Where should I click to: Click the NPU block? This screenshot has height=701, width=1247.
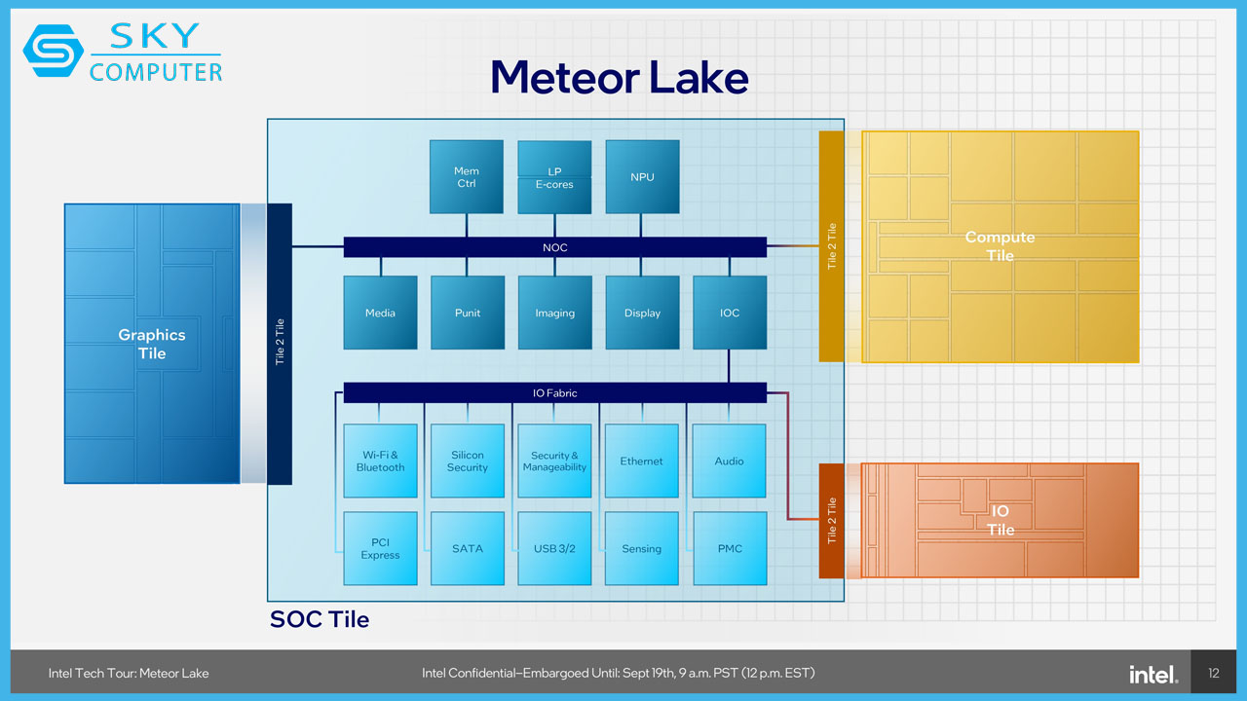click(x=642, y=177)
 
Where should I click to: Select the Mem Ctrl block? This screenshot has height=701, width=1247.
click(x=467, y=177)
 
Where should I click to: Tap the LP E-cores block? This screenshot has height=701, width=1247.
click(x=554, y=177)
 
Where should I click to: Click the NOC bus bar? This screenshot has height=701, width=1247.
click(x=555, y=247)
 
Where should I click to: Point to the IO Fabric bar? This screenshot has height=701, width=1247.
click(x=555, y=392)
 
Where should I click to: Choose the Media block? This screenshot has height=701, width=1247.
click(x=380, y=313)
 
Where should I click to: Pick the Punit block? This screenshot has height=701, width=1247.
click(x=468, y=313)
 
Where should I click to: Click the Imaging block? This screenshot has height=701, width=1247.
click(x=555, y=313)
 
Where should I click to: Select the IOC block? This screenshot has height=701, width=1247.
click(x=730, y=313)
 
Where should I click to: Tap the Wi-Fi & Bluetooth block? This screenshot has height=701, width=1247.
click(x=380, y=461)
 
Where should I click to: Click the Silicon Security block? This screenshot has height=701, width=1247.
click(x=468, y=461)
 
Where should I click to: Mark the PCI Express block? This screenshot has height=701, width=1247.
click(x=380, y=548)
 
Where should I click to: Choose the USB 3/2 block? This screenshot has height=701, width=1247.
click(x=554, y=548)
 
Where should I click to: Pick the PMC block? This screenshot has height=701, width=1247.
click(x=730, y=548)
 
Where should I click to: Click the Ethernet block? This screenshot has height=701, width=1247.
click(x=642, y=461)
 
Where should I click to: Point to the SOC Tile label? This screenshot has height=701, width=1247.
click(x=320, y=619)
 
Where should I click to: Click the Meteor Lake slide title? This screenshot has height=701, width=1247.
click(x=620, y=77)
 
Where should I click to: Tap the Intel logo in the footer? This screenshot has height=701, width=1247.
click(x=1153, y=675)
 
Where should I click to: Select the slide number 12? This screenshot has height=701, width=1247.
click(x=1214, y=673)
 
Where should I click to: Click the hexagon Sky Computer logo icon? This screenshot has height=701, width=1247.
click(x=54, y=51)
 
